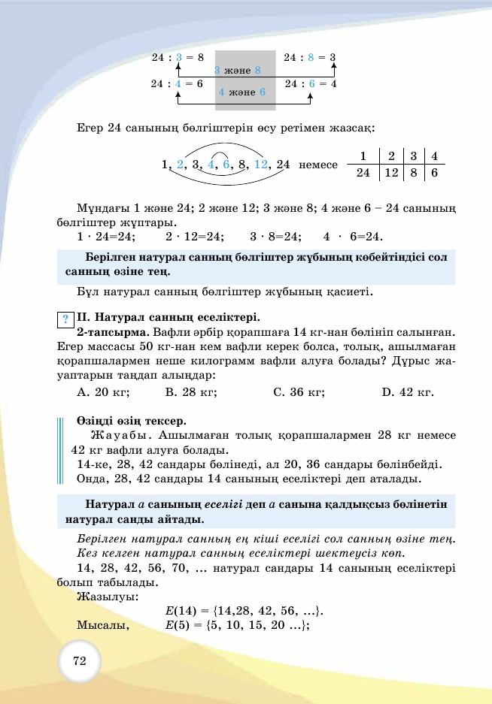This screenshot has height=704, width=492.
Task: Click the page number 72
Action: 79,661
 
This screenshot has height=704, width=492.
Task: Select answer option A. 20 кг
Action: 103,391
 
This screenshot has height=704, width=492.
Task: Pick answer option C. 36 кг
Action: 298,391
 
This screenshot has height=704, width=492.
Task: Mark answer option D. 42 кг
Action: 408,391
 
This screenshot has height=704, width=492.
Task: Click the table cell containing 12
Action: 391,173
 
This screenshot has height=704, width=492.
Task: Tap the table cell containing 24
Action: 363,173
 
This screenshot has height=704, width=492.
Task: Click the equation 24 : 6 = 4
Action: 311,83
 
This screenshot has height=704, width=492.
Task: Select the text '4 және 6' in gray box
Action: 241,92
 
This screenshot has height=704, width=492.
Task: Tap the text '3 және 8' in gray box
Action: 237,70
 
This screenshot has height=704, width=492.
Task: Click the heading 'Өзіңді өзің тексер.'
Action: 131,420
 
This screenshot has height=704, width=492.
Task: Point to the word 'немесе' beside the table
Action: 318,165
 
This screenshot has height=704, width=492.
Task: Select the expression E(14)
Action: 179,610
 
